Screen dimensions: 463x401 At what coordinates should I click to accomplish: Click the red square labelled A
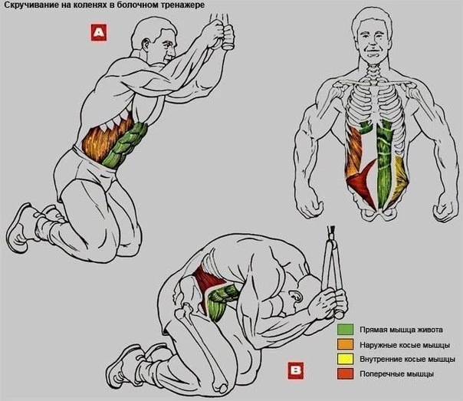point(99,32)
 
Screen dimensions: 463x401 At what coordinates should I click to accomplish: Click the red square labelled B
point(296,370)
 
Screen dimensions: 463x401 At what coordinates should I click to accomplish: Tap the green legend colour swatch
point(345,329)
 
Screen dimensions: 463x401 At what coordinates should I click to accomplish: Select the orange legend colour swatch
point(345,344)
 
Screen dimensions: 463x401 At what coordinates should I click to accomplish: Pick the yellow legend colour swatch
point(345,359)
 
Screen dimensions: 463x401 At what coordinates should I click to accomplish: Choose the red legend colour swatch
point(345,373)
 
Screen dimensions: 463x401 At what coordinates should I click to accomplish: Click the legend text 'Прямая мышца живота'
point(401,330)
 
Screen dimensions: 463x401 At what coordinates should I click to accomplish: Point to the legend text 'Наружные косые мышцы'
point(405,345)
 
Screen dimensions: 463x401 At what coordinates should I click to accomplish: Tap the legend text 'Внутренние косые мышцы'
point(408,359)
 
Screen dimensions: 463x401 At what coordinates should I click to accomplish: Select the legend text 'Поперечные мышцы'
point(397,374)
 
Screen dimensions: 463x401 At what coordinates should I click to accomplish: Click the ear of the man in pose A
point(146,44)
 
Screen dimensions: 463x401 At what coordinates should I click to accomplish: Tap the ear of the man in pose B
point(296,296)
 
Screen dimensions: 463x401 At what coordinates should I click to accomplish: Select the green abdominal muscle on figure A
point(125,146)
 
